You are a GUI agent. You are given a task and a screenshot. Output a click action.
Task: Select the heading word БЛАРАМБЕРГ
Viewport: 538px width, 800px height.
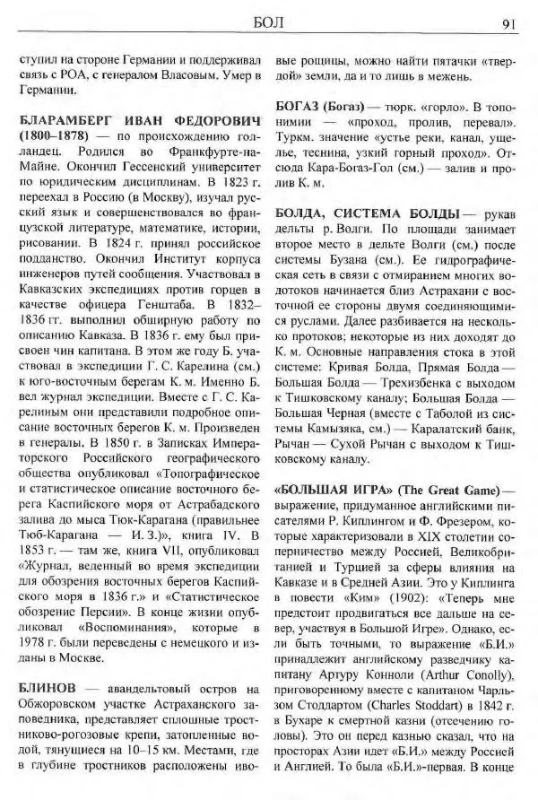(66, 121)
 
